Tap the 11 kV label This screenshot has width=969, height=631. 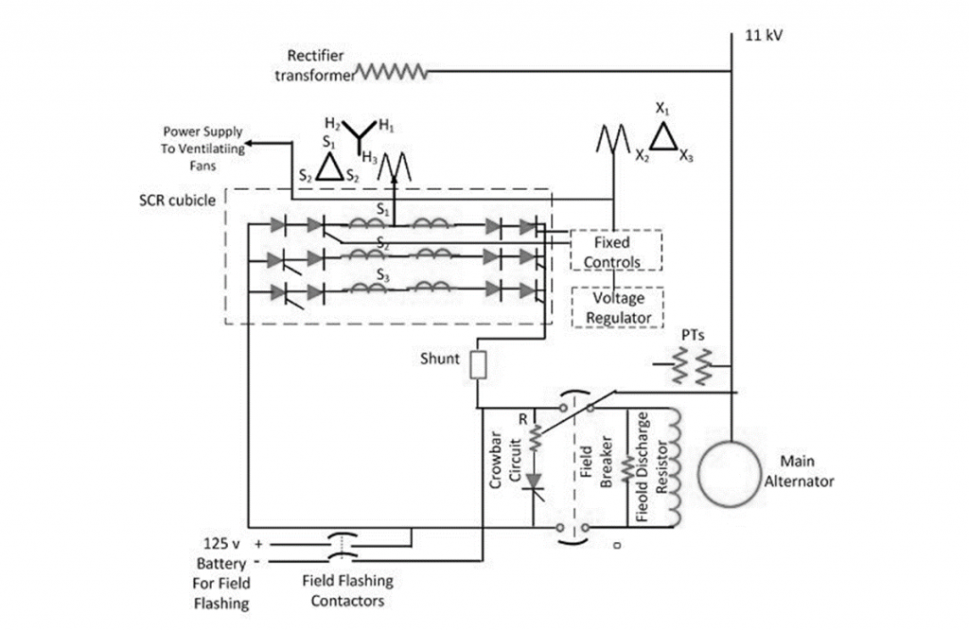click(x=766, y=34)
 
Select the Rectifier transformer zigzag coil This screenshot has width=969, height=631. click(x=391, y=72)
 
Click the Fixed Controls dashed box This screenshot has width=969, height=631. click(x=616, y=251)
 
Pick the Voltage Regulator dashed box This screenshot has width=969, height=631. click(x=616, y=307)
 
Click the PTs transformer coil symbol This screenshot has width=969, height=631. click(x=692, y=365)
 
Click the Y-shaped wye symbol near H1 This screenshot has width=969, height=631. click(x=359, y=137)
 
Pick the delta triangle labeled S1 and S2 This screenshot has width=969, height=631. click(x=330, y=168)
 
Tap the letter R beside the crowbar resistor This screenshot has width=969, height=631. click(x=521, y=417)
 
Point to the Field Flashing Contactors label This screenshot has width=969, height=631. click(x=347, y=590)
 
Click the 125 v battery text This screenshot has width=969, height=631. click(x=225, y=545)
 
